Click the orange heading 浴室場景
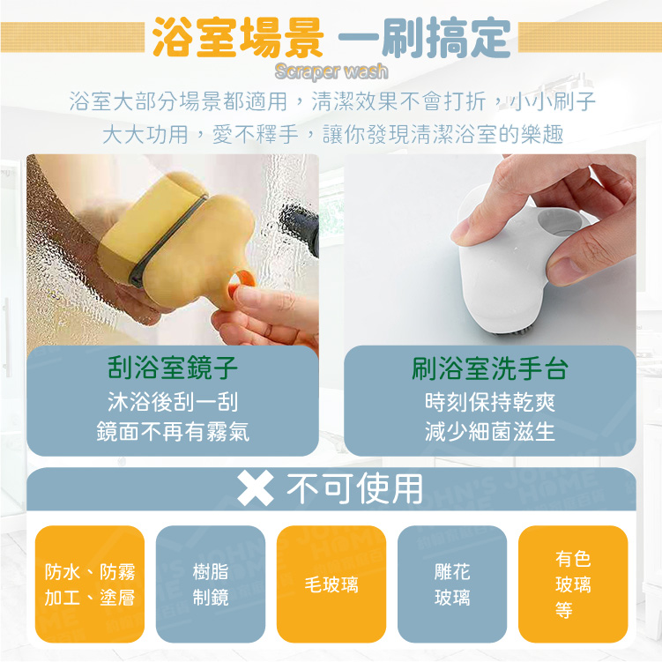238,38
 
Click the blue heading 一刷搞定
425,38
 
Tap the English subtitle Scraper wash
331,71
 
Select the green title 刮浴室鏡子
173,367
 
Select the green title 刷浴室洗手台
490,368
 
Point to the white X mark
256,489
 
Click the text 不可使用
354,488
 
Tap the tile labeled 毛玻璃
331,584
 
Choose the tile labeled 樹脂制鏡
211,584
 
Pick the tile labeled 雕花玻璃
452,584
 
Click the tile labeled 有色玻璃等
573,584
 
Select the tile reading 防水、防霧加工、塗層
90,584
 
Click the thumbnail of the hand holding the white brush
490,250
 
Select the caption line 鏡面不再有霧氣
173,431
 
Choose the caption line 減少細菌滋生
490,431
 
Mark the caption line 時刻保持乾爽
490,401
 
